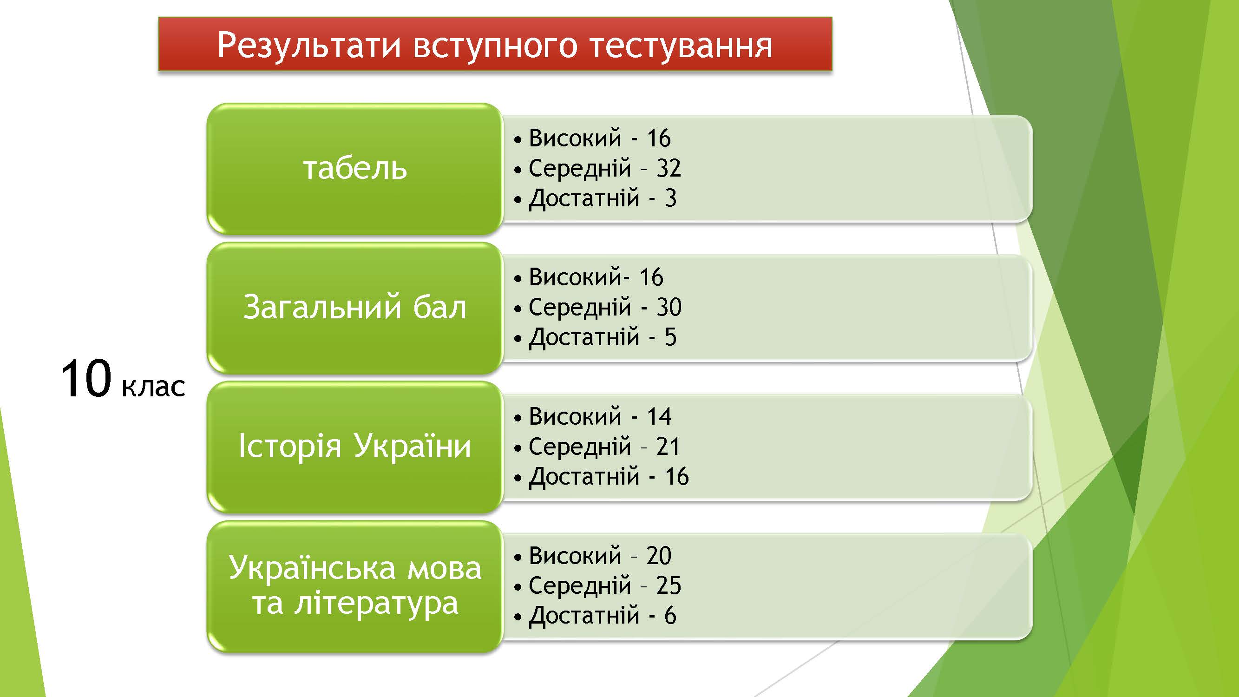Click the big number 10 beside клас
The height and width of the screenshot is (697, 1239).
86,379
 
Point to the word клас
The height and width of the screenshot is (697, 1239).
153,387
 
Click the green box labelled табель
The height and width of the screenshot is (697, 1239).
355,168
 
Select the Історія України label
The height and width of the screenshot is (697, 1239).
355,446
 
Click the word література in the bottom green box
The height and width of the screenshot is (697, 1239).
376,603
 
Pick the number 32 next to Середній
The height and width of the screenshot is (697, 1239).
669,168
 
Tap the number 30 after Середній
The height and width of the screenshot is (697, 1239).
669,307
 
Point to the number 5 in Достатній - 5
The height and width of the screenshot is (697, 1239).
670,337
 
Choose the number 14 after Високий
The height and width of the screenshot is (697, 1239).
658,416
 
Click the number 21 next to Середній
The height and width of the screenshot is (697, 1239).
668,447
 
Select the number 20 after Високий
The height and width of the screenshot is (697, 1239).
659,556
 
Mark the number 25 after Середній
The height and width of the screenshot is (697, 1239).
669,585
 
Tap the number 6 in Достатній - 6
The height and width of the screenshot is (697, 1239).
670,616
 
